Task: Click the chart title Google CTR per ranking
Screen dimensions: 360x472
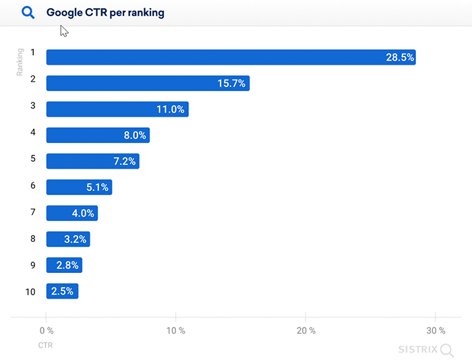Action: pyautogui.click(x=105, y=13)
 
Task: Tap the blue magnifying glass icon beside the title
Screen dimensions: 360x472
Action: pyautogui.click(x=28, y=13)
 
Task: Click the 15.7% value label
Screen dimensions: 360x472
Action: pyautogui.click(x=231, y=84)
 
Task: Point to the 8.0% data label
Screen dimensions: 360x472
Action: pyautogui.click(x=134, y=136)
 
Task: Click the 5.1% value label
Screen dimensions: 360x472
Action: pyautogui.click(x=97, y=187)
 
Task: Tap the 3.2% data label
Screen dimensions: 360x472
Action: pyautogui.click(x=76, y=239)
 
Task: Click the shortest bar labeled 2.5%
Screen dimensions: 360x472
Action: pyautogui.click(x=62, y=291)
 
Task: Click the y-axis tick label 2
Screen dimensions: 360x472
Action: pyautogui.click(x=32, y=79)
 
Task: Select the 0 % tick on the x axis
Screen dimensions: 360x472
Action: pyautogui.click(x=46, y=330)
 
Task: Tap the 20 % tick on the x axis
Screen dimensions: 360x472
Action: pyautogui.click(x=305, y=330)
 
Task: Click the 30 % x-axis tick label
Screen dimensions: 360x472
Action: pyautogui.click(x=436, y=330)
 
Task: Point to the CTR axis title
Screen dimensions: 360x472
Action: pyautogui.click(x=45, y=345)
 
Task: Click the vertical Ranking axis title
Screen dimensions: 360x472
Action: pyautogui.click(x=20, y=62)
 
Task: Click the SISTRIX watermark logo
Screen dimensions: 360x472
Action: pyautogui.click(x=424, y=349)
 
